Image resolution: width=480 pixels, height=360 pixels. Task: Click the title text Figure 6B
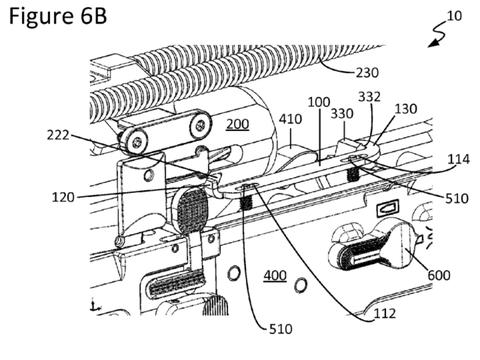[x=57, y=17]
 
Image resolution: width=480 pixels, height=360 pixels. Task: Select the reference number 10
[x=454, y=15]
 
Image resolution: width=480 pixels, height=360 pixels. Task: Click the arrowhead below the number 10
[x=433, y=43]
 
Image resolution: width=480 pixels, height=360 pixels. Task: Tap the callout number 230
[x=367, y=72]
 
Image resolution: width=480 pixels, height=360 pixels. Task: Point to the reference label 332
[x=369, y=97]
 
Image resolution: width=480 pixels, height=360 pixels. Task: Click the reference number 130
[x=406, y=109]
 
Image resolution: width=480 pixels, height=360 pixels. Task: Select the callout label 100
[x=319, y=102]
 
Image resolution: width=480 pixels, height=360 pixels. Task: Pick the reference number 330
[x=342, y=114]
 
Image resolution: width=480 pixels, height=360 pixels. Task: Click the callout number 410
[x=290, y=119]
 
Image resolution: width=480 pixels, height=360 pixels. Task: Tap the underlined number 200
[x=237, y=124]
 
